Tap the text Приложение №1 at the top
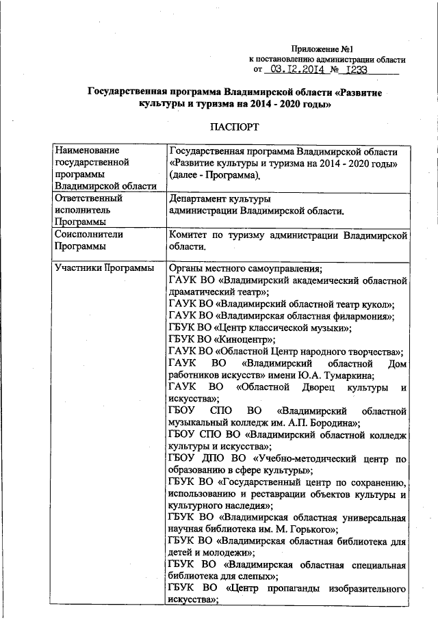pyautogui.click(x=322, y=49)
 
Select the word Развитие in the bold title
pyautogui.click(x=359, y=92)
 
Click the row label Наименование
pyautogui.click(x=87, y=150)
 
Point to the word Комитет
pyautogui.click(x=189, y=235)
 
